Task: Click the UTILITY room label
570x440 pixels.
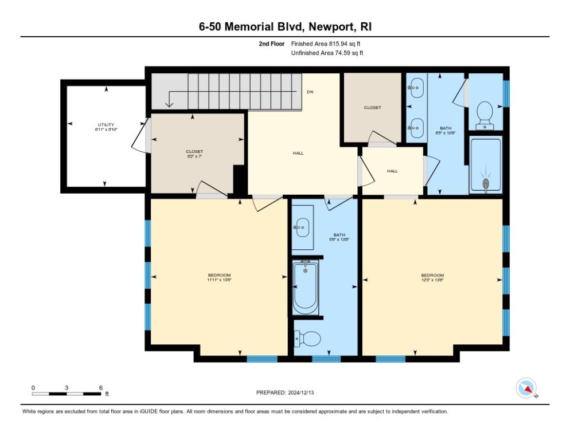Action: (106, 125)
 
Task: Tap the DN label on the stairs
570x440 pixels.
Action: (310, 92)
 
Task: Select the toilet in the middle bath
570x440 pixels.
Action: (307, 339)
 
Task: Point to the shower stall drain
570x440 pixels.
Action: (486, 183)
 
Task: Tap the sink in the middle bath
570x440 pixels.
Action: (302, 228)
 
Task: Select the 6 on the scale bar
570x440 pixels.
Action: (100, 388)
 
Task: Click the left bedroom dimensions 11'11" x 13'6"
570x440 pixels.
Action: (219, 280)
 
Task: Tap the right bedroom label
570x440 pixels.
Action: (432, 275)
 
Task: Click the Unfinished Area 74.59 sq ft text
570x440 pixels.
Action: (327, 53)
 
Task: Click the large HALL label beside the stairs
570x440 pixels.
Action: (298, 153)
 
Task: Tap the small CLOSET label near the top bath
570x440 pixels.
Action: (372, 107)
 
